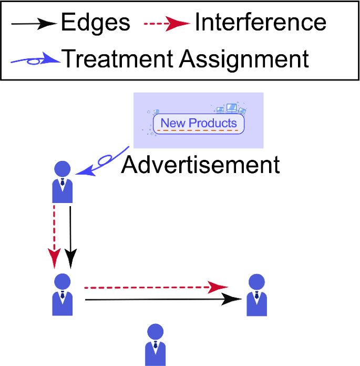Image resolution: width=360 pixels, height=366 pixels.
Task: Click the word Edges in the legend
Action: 95,23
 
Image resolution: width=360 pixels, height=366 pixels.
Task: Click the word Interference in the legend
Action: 260,23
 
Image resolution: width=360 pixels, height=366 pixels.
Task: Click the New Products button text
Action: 199,124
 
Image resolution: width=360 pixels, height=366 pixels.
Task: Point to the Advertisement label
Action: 200,165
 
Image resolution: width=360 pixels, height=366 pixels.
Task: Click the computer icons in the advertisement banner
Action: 231,109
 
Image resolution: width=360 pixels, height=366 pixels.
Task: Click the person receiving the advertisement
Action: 63,182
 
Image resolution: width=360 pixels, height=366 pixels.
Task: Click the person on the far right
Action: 256,295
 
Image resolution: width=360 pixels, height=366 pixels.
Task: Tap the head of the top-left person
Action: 63,169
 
